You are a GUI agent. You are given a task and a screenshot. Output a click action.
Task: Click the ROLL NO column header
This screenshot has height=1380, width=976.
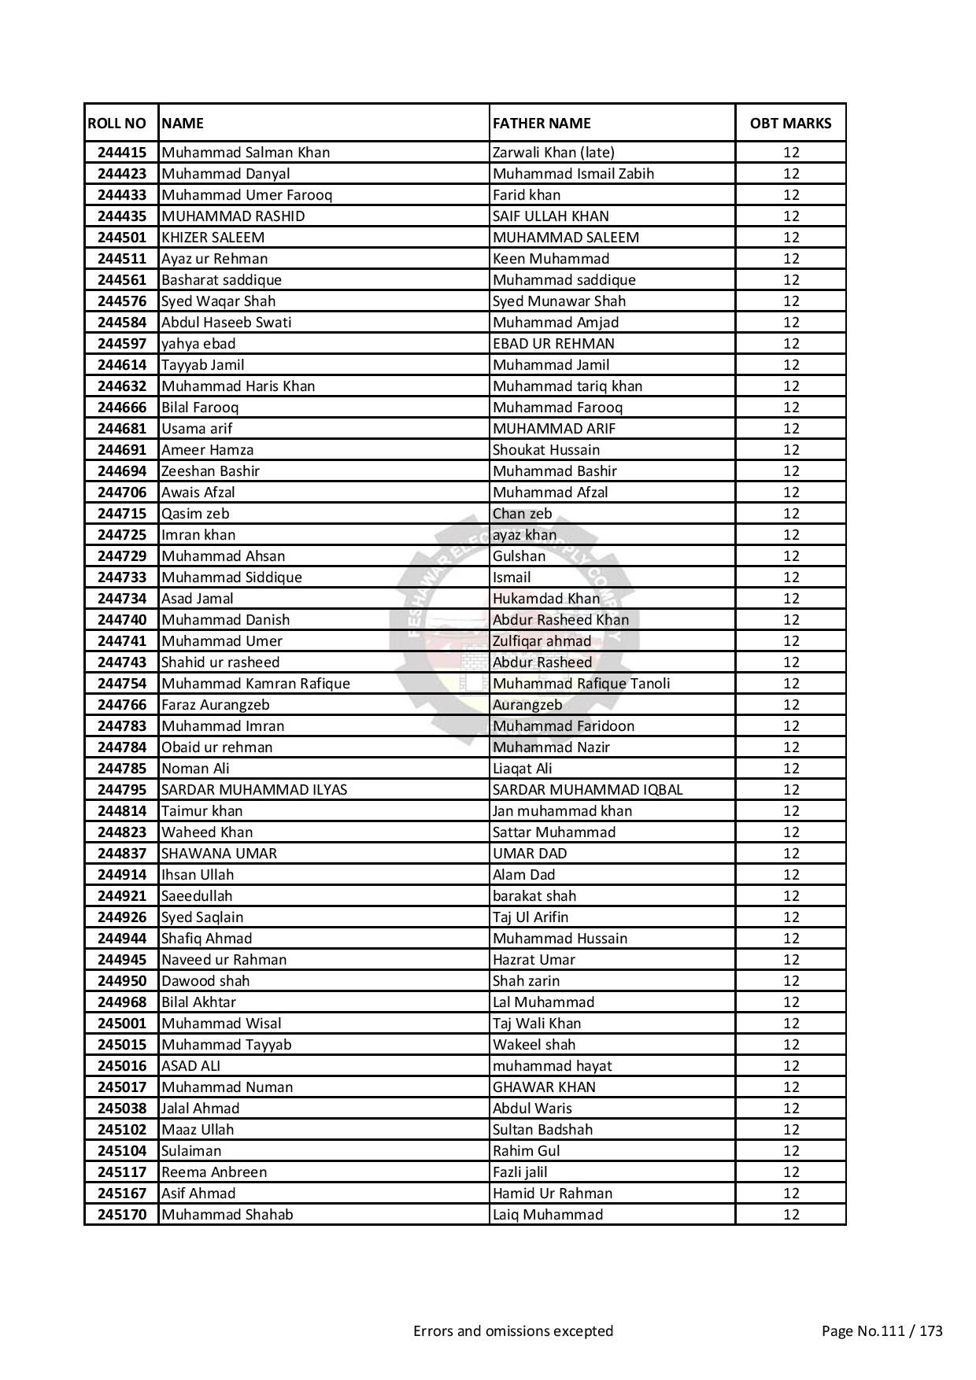click(117, 124)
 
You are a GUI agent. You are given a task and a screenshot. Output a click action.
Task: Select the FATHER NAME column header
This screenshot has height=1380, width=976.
click(542, 124)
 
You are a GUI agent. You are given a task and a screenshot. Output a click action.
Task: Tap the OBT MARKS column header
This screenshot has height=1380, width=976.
click(790, 124)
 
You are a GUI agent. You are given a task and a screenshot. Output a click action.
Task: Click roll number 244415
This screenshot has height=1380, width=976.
click(122, 153)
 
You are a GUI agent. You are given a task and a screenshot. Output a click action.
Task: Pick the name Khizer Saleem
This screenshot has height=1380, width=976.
click(213, 238)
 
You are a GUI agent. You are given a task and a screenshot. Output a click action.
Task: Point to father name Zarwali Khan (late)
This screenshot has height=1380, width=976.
click(553, 153)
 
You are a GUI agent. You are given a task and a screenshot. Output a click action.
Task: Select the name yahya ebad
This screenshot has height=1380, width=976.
click(198, 344)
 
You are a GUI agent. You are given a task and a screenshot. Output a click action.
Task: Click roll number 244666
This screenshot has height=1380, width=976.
click(122, 408)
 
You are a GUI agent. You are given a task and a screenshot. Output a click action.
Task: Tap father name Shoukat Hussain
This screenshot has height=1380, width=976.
click(546, 450)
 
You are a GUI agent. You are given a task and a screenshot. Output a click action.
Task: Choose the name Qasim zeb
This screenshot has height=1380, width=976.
click(195, 514)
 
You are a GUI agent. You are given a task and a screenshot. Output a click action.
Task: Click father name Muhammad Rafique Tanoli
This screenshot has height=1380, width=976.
click(582, 684)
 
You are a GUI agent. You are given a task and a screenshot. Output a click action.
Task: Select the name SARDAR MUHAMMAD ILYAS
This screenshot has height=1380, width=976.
click(254, 790)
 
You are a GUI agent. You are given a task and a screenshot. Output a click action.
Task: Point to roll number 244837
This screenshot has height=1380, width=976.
click(122, 854)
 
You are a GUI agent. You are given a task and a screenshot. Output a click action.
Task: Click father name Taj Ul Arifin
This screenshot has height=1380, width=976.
click(531, 917)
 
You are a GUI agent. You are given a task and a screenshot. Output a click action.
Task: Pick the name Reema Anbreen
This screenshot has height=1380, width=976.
click(214, 1172)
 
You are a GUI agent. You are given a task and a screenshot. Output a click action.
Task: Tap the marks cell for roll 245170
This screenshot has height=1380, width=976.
click(790, 1215)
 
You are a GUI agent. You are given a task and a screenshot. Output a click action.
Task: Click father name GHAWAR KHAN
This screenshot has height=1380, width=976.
click(544, 1087)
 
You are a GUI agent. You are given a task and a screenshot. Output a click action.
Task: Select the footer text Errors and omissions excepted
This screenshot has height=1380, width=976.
click(513, 1331)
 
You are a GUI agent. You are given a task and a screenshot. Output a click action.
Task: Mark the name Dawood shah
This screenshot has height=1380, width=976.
click(205, 981)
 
